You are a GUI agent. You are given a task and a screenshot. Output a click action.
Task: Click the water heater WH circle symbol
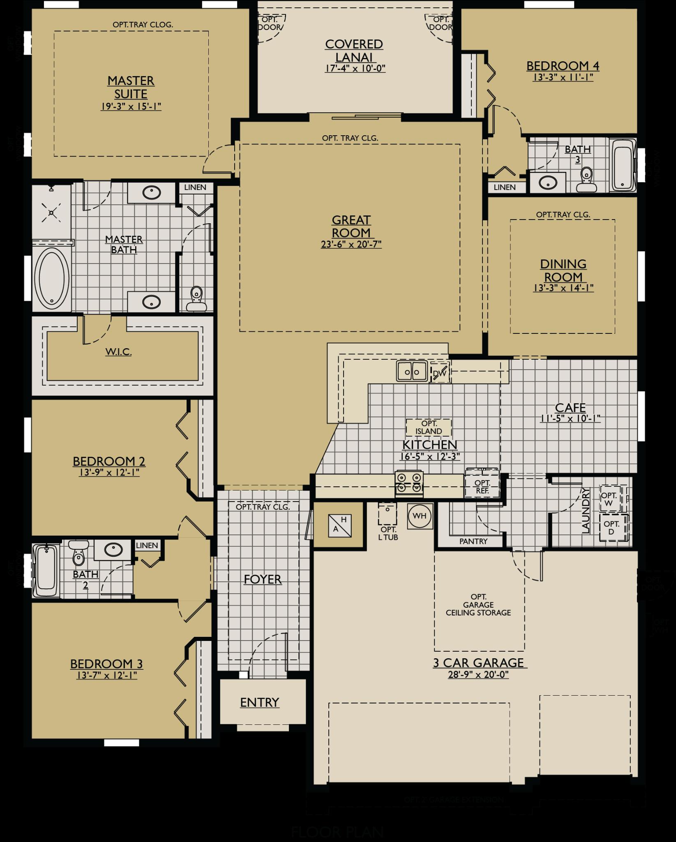coord(420,516)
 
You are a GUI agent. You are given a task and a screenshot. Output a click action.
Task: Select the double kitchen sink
coord(412,371)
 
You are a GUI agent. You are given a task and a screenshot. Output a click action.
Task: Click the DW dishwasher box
coord(440,372)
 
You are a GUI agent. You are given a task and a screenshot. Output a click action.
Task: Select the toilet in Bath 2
coord(78,553)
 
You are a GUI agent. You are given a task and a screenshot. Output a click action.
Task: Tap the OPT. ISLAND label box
coord(429,427)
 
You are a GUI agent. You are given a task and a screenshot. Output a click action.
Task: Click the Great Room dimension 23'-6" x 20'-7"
coord(351,244)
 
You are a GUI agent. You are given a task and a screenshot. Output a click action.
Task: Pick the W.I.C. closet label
coord(118,352)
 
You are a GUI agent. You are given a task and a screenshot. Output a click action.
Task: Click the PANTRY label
coord(473,541)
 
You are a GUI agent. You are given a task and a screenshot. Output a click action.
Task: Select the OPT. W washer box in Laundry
coord(610,499)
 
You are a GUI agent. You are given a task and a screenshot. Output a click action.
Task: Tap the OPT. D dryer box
coord(611,527)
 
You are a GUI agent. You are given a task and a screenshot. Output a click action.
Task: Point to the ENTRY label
coord(260,702)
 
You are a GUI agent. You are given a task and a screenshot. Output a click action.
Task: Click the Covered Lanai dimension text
coord(355,68)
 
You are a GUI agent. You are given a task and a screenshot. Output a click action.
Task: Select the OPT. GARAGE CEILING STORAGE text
coord(478,605)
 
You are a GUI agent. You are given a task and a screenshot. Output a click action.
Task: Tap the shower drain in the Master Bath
coord(51,213)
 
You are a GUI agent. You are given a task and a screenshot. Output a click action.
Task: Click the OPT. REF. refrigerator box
coord(482,487)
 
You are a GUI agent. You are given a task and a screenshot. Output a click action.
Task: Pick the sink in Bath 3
coord(548,182)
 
